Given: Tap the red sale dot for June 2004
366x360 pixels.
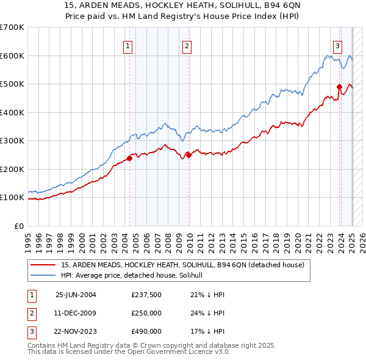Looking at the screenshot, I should click(x=129, y=159).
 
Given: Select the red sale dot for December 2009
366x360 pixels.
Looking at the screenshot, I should click(x=188, y=155).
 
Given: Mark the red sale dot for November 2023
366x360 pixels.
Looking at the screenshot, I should click(x=339, y=87).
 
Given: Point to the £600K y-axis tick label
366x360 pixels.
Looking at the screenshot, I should click(x=12, y=56).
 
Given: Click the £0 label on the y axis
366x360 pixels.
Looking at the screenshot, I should click(x=20, y=226).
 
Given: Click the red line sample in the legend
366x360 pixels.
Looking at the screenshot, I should click(x=44, y=265).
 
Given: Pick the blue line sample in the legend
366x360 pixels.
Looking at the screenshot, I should click(x=44, y=276).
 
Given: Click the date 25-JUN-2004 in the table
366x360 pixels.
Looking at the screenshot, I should click(x=76, y=295).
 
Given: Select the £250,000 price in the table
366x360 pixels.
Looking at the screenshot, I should click(x=146, y=313).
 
